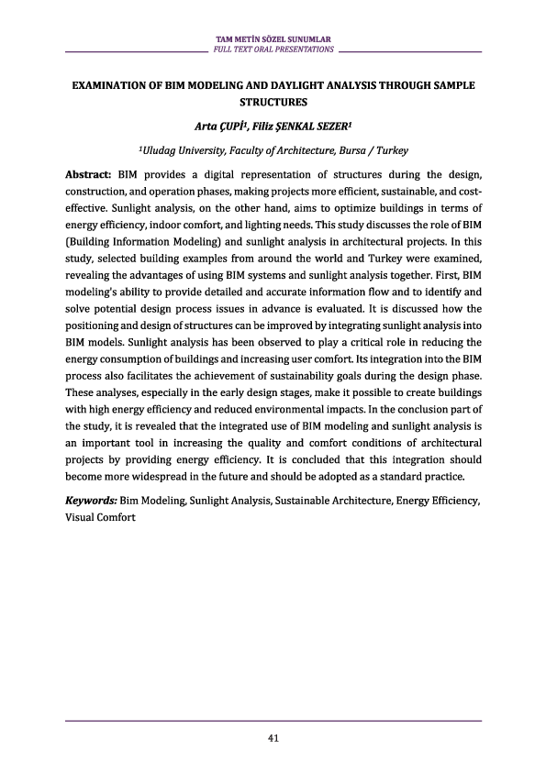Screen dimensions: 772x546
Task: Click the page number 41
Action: [x=273, y=738]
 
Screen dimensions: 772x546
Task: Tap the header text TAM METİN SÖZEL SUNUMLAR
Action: [x=273, y=39]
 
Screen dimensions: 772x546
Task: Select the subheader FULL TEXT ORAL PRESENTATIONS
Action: [x=273, y=49]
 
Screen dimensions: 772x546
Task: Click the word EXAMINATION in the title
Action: [x=111, y=84]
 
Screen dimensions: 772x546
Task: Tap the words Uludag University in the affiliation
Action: [x=183, y=149]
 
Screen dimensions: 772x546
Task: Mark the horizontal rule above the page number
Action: [x=273, y=722]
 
